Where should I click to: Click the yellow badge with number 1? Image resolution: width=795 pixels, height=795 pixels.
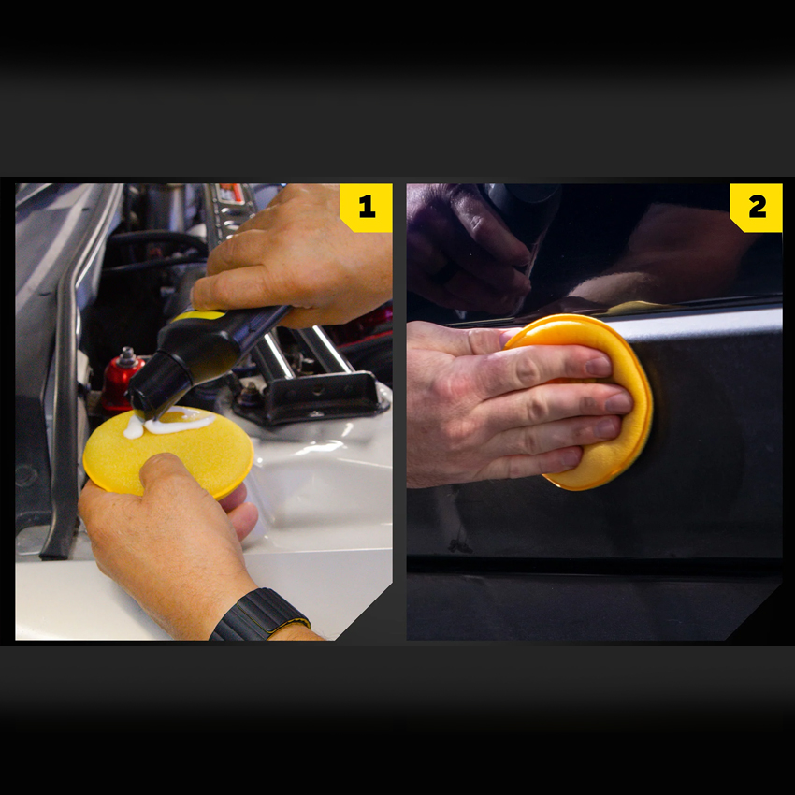pos(366,208)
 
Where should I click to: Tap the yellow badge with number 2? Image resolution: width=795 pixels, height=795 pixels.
pos(756,208)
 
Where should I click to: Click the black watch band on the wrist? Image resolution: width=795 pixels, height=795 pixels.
pos(260,615)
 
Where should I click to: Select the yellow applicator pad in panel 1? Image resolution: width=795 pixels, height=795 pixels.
pos(169,453)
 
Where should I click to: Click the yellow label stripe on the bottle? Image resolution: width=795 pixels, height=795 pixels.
pos(198,316)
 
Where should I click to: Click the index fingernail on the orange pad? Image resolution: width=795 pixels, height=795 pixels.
pos(599,366)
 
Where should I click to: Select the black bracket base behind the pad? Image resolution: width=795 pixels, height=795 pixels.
pos(311,398)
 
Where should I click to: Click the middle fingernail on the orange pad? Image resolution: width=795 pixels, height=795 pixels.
pos(618,404)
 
